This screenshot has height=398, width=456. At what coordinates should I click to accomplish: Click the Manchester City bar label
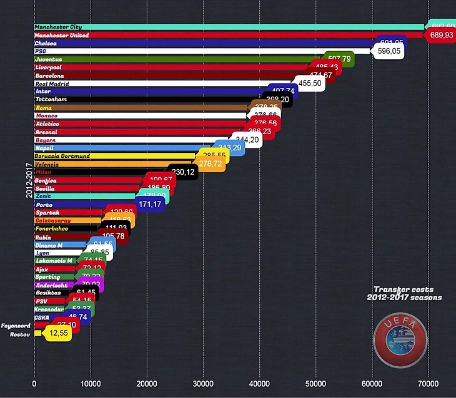pyautogui.click(x=58, y=27)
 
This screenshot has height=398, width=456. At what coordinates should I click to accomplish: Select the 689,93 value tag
pyautogui.click(x=442, y=36)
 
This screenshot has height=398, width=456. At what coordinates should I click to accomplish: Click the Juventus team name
pyautogui.click(x=48, y=59)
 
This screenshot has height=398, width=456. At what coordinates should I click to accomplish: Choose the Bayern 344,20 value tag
pyautogui.click(x=246, y=140)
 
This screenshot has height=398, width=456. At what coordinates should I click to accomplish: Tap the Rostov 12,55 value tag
pyautogui.click(x=57, y=333)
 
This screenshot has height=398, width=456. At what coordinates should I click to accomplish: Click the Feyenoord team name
pyautogui.click(x=16, y=326)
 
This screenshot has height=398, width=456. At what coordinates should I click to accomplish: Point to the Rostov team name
pyautogui.click(x=20, y=334)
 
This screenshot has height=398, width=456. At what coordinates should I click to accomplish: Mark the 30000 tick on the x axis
pyautogui.click(x=203, y=385)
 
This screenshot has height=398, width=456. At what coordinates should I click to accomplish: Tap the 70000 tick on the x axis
pyautogui.click(x=428, y=385)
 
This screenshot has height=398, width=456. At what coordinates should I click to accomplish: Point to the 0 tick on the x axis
pyautogui.click(x=34, y=385)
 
